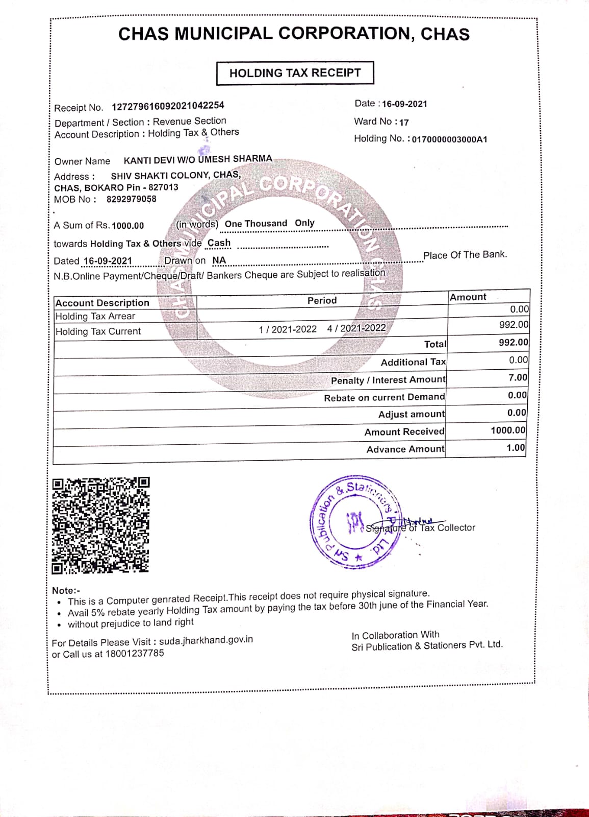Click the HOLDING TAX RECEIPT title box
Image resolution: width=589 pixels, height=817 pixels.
click(x=295, y=73)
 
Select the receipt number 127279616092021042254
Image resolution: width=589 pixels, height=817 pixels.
click(x=168, y=106)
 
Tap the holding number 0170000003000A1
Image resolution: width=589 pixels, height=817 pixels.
click(x=449, y=139)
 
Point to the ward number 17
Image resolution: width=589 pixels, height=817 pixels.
click(x=404, y=123)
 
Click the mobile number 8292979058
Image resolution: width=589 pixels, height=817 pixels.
click(x=131, y=199)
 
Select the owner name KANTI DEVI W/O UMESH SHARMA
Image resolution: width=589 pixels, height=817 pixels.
click(x=198, y=160)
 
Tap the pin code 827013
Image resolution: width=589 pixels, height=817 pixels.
click(x=163, y=187)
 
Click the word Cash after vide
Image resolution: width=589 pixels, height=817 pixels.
click(x=219, y=243)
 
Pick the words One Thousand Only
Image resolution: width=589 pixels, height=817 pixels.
click(x=269, y=224)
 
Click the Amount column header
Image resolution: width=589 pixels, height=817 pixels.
click(x=468, y=297)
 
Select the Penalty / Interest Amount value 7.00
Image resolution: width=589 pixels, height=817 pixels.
click(x=518, y=378)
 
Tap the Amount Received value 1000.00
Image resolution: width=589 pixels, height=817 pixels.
click(x=507, y=430)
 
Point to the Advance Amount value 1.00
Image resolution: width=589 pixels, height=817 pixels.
click(x=516, y=448)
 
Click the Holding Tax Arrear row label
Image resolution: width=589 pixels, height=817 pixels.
click(x=95, y=317)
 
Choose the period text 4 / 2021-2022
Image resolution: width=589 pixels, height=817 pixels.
click(x=356, y=328)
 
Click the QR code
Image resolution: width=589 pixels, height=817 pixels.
click(x=100, y=525)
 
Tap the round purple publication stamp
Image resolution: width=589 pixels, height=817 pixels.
click(x=354, y=522)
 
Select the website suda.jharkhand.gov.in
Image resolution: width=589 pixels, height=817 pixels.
click(x=206, y=640)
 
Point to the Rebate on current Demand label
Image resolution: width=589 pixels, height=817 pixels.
click(x=384, y=397)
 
